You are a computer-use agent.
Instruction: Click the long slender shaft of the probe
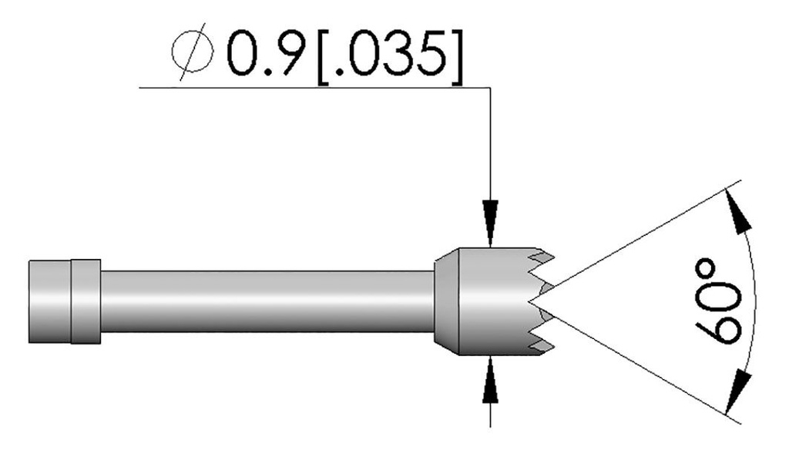(266, 301)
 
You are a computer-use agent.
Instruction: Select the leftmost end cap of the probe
(50, 301)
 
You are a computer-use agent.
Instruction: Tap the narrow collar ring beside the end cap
(86, 301)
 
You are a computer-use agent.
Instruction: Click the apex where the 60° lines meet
(549, 301)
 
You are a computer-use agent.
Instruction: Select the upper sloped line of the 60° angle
(647, 239)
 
